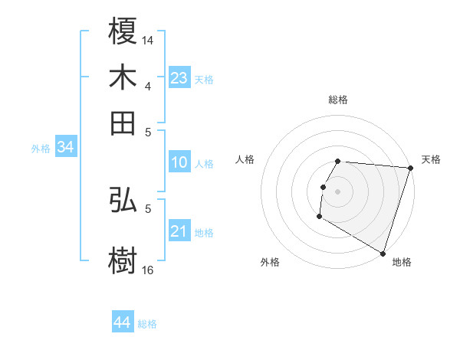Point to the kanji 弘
tap(123, 200)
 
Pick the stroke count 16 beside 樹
tap(148, 270)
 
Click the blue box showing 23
tap(179, 78)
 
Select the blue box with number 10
tap(179, 162)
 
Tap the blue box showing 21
tap(179, 231)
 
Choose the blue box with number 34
tap(65, 147)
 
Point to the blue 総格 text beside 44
tap(147, 324)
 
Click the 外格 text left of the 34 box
tap(40, 149)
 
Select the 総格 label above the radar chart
tap(337, 100)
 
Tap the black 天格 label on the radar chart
tap(431, 159)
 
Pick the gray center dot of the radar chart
tap(337, 191)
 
